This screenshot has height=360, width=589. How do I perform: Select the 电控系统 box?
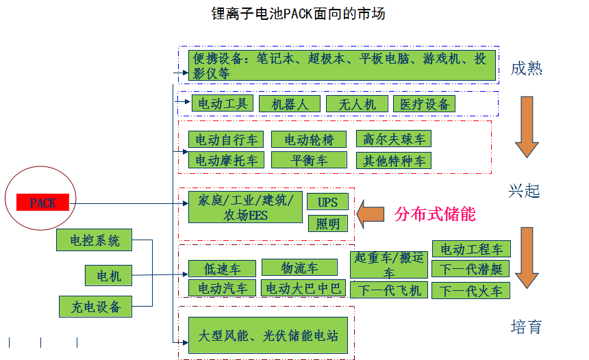tap(95, 240)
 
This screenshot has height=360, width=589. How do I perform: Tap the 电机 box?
tap(108, 276)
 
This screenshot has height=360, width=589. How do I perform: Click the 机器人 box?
tap(290, 104)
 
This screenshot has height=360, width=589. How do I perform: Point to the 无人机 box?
tap(351, 104)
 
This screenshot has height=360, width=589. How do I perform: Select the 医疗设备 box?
tap(424, 104)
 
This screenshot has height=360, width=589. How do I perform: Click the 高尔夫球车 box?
tap(394, 139)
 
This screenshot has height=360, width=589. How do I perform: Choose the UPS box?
tap(327, 202)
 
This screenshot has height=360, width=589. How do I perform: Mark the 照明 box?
tap(327, 223)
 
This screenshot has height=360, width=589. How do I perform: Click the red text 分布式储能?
tap(435, 214)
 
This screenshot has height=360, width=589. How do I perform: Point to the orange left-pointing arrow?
tap(371, 214)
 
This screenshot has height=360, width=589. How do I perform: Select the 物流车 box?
tap(299, 267)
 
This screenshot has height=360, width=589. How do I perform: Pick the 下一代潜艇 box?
tap(471, 270)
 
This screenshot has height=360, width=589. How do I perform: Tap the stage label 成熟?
tap(526, 68)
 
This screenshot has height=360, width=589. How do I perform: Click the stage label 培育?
tap(526, 326)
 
